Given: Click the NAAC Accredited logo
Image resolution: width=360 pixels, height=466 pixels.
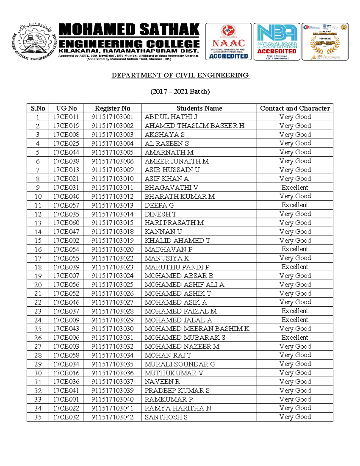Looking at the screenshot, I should [x=228, y=42].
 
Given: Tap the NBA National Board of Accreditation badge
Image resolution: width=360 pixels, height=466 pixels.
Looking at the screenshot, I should [x=277, y=42].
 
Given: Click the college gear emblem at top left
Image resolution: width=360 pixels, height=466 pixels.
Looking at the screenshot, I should [x=34, y=42].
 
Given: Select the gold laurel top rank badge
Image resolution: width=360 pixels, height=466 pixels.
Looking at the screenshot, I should [x=325, y=42].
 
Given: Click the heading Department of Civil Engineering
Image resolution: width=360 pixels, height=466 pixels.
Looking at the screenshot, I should [x=180, y=75].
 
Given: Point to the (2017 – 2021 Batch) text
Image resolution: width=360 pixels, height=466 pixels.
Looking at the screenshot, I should [x=180, y=91].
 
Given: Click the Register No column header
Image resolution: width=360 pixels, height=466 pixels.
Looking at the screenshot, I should [x=112, y=108].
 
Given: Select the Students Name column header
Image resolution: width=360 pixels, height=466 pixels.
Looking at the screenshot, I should [x=199, y=108].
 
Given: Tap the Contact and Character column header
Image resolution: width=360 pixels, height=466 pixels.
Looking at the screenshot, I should [x=295, y=108].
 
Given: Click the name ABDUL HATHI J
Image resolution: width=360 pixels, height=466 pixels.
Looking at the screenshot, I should [x=171, y=117].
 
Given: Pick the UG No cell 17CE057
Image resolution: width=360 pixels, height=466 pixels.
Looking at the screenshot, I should [x=66, y=205].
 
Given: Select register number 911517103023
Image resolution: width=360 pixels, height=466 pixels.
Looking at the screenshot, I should [x=112, y=267].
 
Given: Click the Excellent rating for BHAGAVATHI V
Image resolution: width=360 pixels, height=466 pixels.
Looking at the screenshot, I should [x=295, y=188].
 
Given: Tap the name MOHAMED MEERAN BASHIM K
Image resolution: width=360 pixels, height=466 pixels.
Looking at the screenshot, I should [x=197, y=329].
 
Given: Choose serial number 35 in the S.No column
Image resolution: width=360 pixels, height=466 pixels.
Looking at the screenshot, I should [x=38, y=417].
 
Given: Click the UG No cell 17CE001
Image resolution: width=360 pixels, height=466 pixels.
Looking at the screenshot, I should [x=66, y=399].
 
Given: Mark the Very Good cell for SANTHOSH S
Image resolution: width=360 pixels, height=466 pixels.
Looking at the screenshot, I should [x=295, y=417].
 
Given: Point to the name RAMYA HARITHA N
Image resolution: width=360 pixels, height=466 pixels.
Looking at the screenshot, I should [x=178, y=408].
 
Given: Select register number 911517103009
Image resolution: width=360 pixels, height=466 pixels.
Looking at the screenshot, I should [x=112, y=170].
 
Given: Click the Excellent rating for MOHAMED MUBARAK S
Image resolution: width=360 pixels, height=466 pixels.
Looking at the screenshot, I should [x=295, y=338].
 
